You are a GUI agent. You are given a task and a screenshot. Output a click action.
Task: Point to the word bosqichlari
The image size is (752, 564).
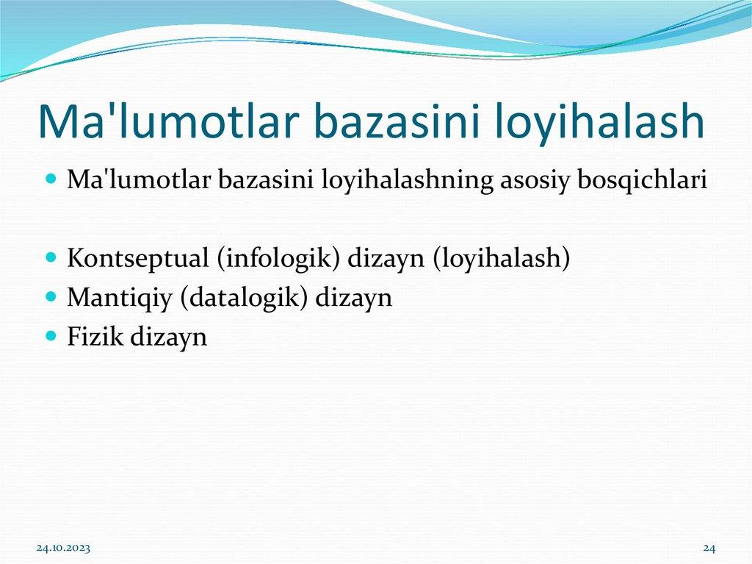(643, 180)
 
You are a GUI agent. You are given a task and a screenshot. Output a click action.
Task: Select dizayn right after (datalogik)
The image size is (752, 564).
(355, 298)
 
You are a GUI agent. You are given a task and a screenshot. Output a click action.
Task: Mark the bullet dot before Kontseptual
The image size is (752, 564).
(51, 259)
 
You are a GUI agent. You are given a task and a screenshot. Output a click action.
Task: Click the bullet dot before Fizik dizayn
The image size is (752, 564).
(51, 337)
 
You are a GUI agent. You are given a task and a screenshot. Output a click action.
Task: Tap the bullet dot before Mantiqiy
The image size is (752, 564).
(51, 298)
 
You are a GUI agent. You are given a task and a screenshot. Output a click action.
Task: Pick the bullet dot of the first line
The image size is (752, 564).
(51, 179)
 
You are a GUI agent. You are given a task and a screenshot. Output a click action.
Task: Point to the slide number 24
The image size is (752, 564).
(709, 548)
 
